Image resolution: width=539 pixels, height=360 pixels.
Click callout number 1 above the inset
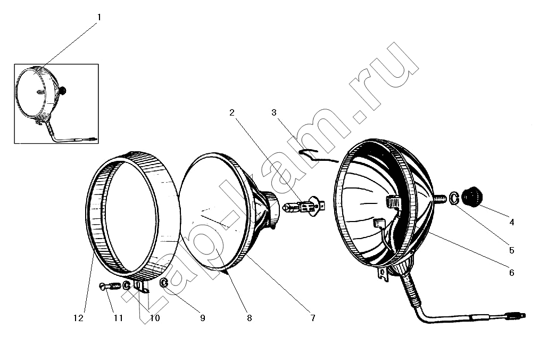point(99,17)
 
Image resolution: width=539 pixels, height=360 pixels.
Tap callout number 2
point(232,112)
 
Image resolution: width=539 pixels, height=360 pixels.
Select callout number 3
point(274,112)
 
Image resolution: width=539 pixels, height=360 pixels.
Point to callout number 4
point(512,222)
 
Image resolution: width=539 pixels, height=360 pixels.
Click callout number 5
point(512,250)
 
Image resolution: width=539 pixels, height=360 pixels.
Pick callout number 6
point(512,273)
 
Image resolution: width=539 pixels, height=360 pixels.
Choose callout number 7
point(313,318)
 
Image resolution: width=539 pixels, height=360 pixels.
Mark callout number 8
point(249,318)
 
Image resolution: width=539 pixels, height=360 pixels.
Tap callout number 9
point(203,318)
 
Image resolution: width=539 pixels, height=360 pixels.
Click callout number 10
point(155,318)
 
